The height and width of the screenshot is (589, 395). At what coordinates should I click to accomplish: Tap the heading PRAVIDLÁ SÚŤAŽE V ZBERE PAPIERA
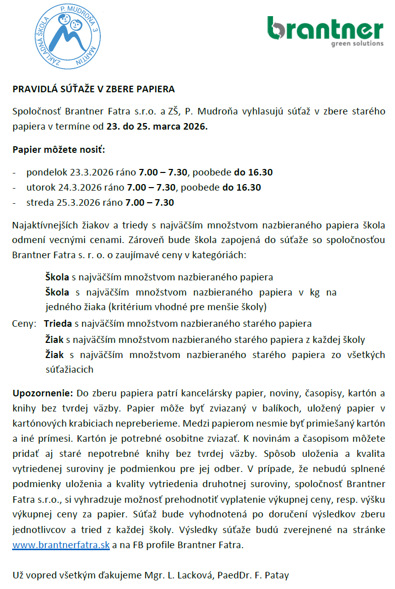point(94,89)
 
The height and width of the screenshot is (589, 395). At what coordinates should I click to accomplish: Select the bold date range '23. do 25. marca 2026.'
point(157,127)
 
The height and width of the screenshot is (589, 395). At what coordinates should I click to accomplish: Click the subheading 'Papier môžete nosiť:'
point(59,150)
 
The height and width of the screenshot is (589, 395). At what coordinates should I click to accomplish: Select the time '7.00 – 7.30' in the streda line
point(151,203)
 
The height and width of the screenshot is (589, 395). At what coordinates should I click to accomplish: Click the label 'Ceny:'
point(24,323)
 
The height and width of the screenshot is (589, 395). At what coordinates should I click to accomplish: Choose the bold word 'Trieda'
point(58,323)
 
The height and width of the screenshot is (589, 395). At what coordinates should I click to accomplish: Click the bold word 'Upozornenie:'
point(43,392)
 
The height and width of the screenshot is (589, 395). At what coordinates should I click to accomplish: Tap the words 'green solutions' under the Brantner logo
point(357,43)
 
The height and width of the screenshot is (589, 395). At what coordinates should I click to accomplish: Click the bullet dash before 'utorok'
point(15,188)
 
